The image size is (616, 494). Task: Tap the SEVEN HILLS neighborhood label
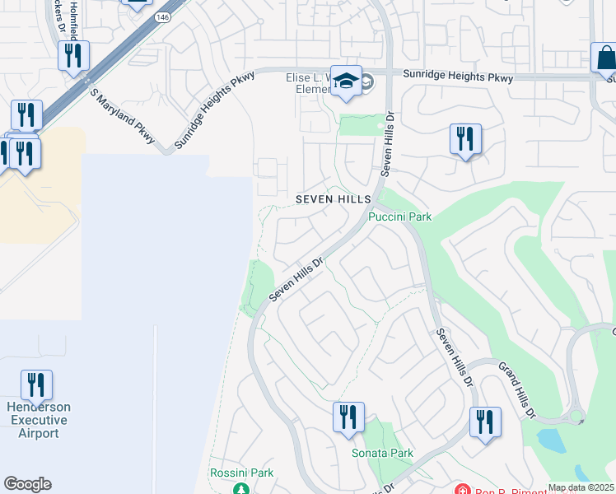tap(332, 200)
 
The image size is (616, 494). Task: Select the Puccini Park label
tap(399, 217)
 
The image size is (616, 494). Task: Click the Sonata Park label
tap(382, 453)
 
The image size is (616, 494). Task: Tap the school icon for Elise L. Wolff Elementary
tap(347, 82)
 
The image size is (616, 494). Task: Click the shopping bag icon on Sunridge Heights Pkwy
tap(605, 59)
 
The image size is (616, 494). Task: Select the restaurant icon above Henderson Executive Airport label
tap(36, 385)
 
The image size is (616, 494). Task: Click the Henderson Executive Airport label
tap(39, 420)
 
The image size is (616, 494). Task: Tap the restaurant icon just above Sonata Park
tap(348, 417)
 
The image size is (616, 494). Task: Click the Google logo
tap(27, 484)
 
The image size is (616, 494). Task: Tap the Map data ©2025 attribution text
tap(580, 487)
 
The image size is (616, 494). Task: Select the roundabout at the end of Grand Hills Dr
tap(576, 417)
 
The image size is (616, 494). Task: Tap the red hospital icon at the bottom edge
tap(461, 490)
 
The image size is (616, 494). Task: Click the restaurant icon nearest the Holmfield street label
tap(74, 57)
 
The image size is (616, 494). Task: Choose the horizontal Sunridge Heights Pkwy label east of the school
tap(458, 77)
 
